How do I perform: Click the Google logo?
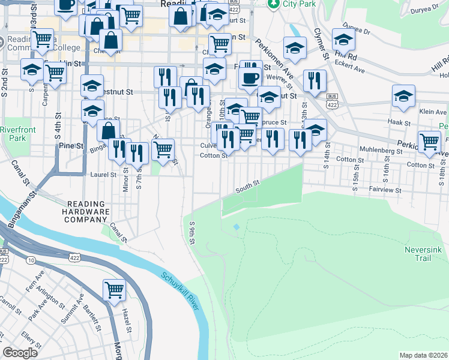(x=20, y=353)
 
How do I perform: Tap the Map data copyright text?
(x=423, y=355)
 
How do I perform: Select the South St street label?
(x=247, y=188)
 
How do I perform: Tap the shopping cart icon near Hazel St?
(x=114, y=290)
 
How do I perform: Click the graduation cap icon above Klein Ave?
(x=404, y=95)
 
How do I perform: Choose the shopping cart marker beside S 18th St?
(x=430, y=142)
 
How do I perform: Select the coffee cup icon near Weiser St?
(x=249, y=77)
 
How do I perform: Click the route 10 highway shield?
(x=30, y=260)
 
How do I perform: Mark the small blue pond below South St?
(x=236, y=227)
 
